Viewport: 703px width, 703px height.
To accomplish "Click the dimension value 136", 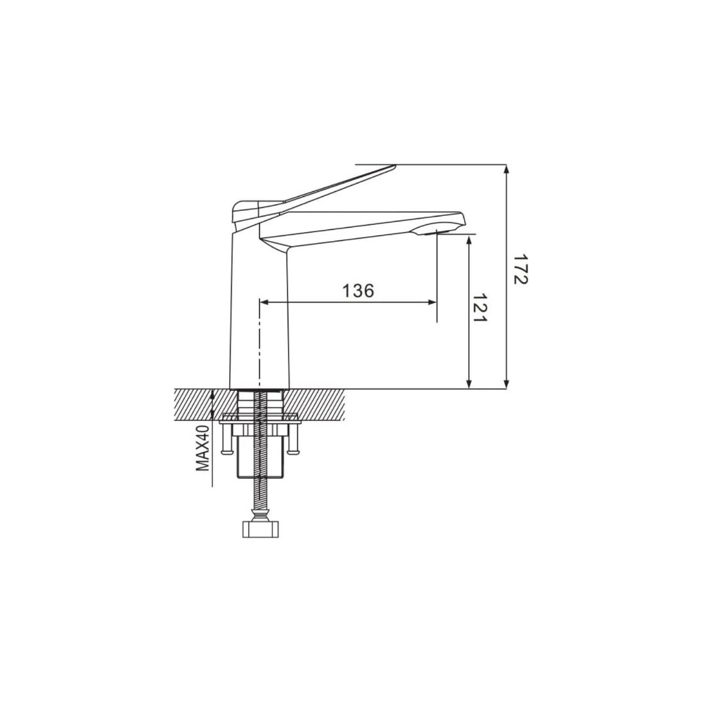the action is (358, 290).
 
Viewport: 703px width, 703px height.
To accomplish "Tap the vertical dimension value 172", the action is (521, 269).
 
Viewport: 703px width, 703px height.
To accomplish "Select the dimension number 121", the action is (480, 308).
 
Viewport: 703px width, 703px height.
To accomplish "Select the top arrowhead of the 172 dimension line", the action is (507, 169).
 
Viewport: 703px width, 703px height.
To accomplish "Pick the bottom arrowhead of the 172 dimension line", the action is (507, 384).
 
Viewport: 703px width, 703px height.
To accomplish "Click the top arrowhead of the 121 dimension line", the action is (469, 240).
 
